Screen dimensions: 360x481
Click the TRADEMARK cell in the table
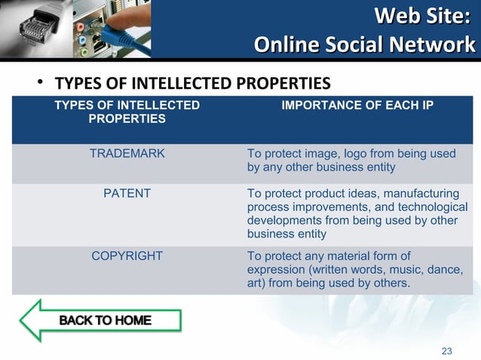point(127,154)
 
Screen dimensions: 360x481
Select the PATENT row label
point(127,194)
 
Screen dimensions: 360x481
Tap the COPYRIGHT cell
point(127,256)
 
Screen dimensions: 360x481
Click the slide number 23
point(446,351)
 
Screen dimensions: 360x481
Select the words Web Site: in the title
point(426,15)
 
